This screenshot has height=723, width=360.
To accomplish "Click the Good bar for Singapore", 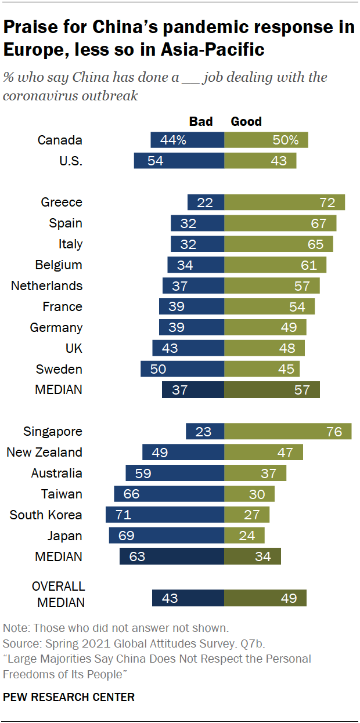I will (287, 431).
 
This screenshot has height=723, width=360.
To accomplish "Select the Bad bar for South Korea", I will (165, 515).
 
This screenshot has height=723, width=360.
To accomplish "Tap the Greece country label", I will (62, 203).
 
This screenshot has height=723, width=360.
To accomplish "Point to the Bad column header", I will (201, 121).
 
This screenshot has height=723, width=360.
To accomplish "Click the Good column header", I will (246, 121).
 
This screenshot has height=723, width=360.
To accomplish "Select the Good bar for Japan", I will (244, 536).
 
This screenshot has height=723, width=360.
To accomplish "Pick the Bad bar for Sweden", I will (182, 369).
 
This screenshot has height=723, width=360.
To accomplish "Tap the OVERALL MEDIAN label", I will (58, 594).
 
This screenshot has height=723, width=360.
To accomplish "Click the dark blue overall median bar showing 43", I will (188, 598).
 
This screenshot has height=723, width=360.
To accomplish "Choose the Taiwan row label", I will (62, 494).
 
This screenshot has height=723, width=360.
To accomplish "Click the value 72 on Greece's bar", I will (327, 203).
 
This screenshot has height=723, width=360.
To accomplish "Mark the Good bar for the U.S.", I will (260, 161).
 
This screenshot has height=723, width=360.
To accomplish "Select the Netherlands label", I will (47, 285).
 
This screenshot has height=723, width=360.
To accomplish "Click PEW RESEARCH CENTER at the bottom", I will (69, 697).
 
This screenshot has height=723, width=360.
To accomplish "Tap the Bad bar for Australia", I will (175, 473).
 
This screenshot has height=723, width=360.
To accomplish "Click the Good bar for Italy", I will (279, 244).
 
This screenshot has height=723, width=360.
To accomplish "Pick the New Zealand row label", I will (44, 452).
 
